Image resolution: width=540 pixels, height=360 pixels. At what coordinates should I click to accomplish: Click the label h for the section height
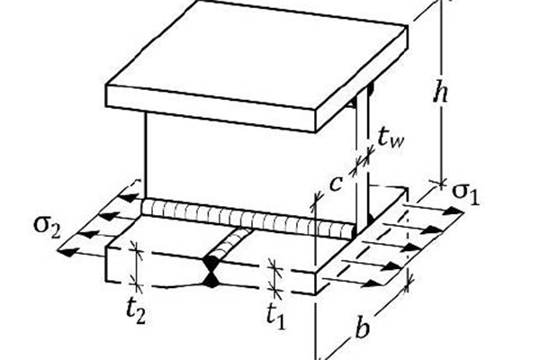(x=441, y=93)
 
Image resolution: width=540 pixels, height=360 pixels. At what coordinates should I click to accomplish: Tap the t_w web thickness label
(x=391, y=138)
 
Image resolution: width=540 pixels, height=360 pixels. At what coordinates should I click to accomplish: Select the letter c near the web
(x=336, y=184)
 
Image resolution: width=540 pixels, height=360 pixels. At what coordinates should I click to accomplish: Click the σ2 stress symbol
(x=47, y=228)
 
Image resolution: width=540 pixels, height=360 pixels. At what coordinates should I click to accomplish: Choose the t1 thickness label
(x=276, y=315)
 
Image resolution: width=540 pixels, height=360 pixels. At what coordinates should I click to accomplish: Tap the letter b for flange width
(x=362, y=328)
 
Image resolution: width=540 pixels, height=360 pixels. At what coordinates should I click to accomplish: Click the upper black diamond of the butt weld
(x=211, y=265)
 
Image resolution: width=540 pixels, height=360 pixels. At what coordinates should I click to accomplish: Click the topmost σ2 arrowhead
(x=129, y=198)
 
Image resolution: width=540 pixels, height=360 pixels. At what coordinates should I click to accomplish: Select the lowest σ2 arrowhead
(x=66, y=252)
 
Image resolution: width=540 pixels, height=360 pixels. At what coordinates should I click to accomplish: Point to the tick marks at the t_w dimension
(x=363, y=161)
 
